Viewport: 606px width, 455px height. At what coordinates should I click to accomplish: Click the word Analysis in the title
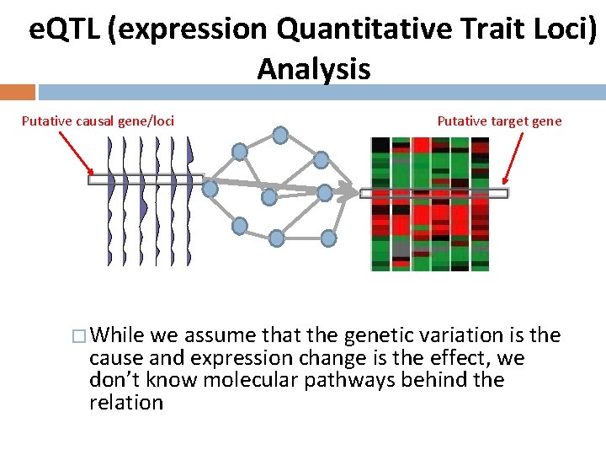(x=314, y=68)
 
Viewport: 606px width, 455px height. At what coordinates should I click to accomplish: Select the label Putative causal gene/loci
(x=98, y=120)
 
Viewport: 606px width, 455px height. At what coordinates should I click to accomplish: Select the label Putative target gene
(x=499, y=120)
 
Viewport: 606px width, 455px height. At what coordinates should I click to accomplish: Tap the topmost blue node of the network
(x=280, y=133)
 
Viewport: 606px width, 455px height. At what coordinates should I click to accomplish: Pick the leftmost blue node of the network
(x=210, y=189)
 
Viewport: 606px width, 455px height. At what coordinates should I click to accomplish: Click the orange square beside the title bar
(x=18, y=91)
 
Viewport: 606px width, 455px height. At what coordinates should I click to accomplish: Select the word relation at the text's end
(x=126, y=402)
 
